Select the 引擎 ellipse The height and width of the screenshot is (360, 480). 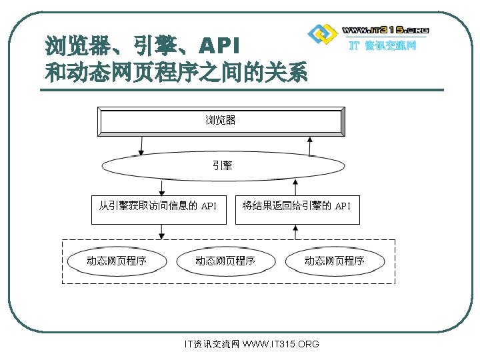click(222, 165)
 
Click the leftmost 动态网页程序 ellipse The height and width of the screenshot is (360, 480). click(117, 261)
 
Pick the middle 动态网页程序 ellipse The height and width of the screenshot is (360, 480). click(225, 261)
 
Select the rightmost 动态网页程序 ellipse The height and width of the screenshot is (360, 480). click(335, 261)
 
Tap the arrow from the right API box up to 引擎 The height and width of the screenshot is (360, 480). click(295, 187)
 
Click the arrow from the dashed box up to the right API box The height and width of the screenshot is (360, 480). click(295, 231)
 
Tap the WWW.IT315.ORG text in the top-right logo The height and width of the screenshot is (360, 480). click(385, 30)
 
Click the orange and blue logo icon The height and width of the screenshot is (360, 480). click(323, 33)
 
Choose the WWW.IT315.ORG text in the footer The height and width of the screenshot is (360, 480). click(281, 344)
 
